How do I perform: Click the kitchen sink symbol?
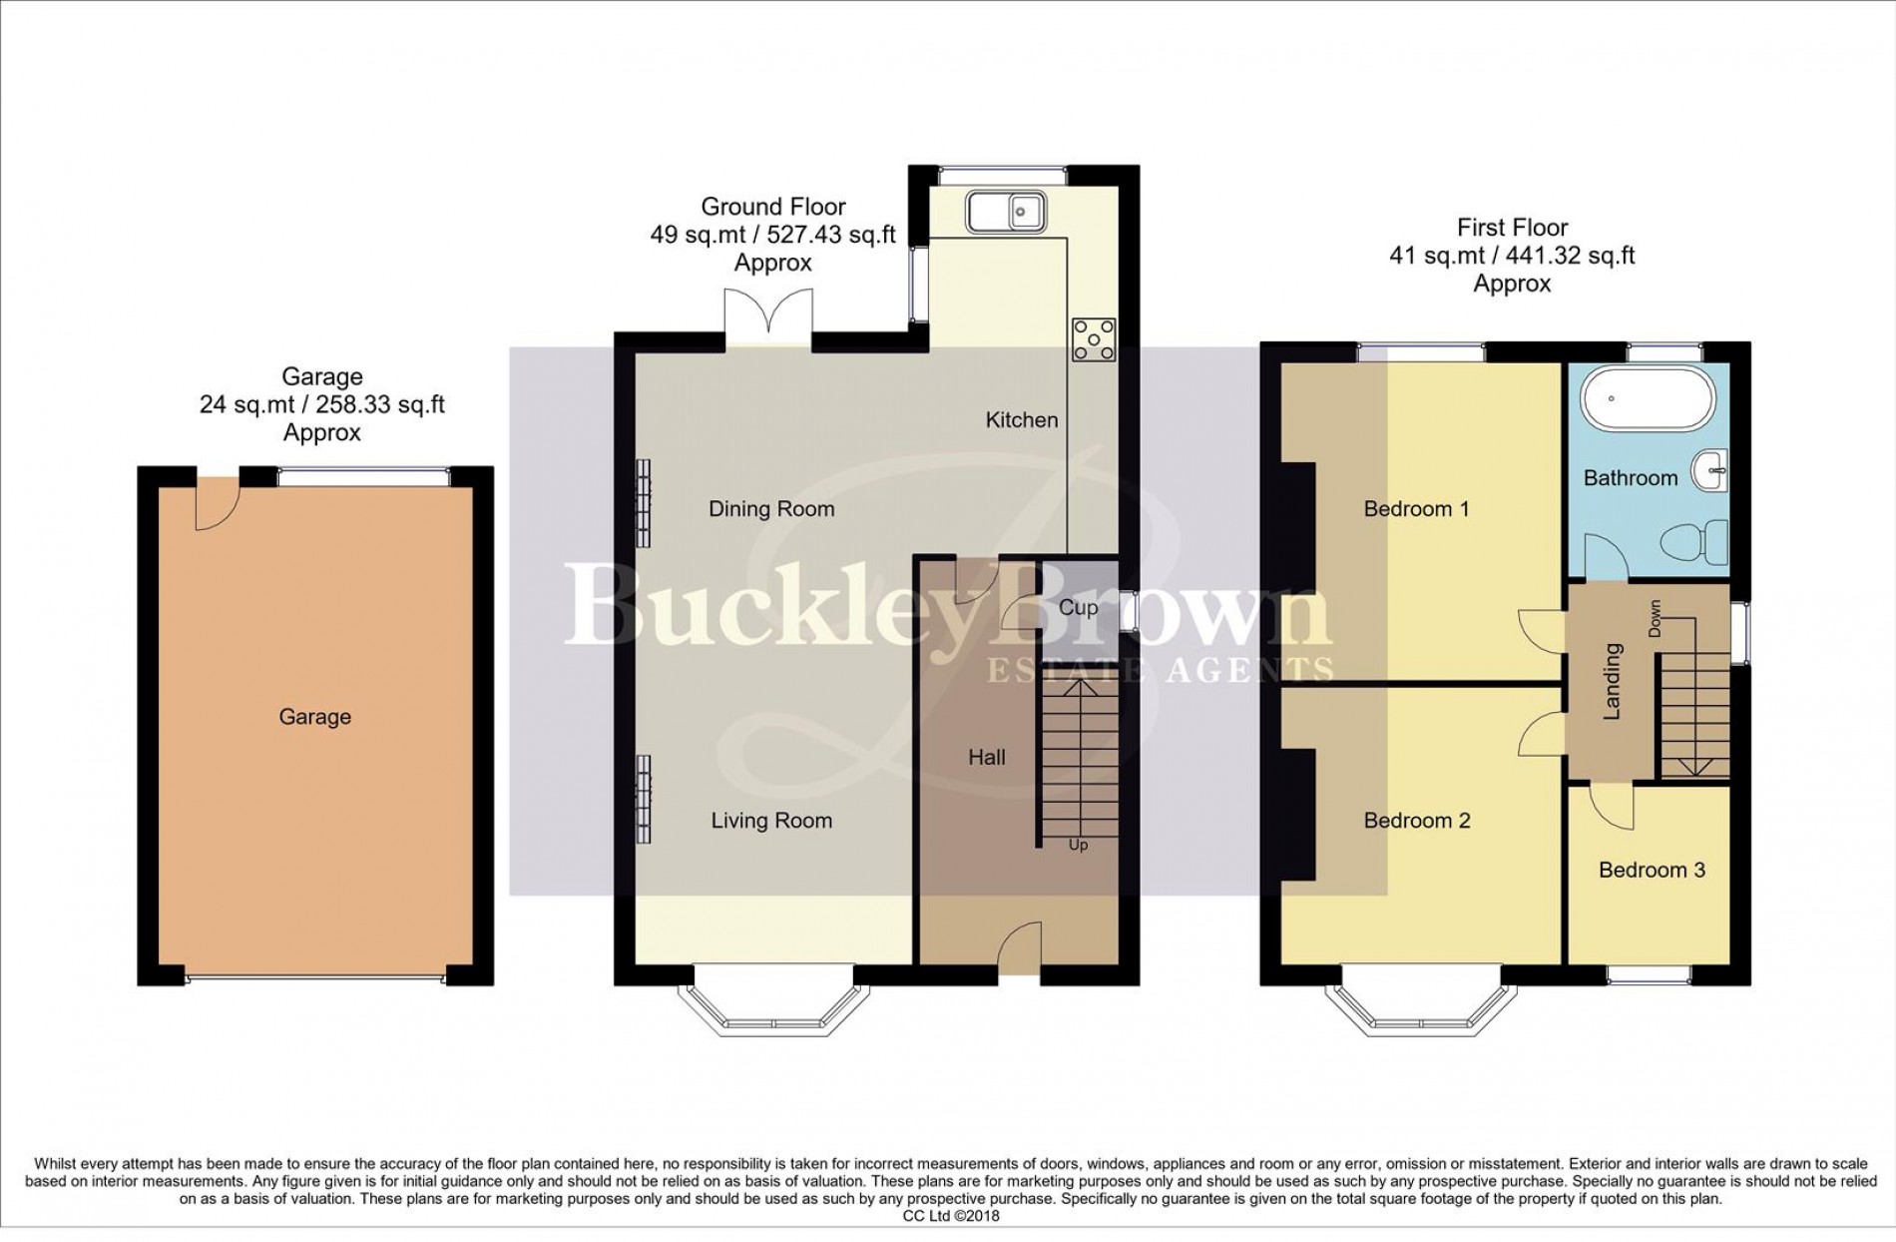[x=1004, y=211]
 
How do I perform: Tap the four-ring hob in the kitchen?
[x=1093, y=340]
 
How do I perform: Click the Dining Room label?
[x=771, y=509]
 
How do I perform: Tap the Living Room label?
[x=771, y=821]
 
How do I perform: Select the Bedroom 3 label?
[x=1652, y=870]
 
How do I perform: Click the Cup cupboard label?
[x=1078, y=607]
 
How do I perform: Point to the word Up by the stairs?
[x=1078, y=846]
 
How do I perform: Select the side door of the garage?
[x=216, y=502]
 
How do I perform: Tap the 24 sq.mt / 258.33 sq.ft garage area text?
[x=321, y=404]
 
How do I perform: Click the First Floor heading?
[x=1512, y=228]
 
